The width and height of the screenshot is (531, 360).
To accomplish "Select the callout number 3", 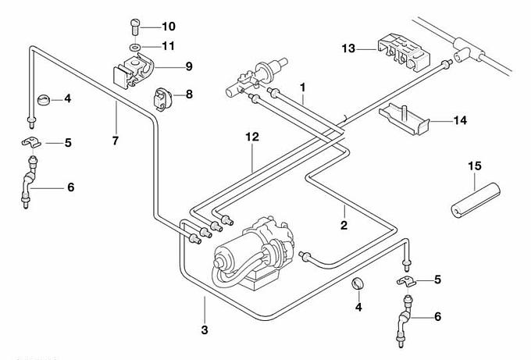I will (x=205, y=330).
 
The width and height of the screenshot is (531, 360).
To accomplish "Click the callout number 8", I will (x=188, y=94).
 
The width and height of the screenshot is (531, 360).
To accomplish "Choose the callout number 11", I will (x=169, y=46).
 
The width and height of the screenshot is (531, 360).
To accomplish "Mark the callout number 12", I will (x=251, y=137).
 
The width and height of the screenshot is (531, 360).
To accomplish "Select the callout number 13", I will (x=348, y=48).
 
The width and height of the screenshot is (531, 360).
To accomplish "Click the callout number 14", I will (x=460, y=120).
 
